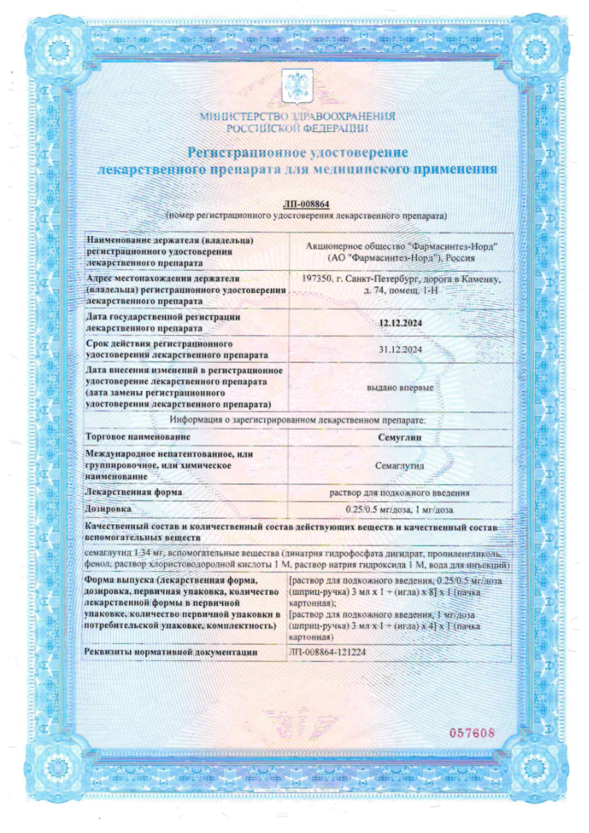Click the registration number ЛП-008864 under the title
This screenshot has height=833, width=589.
[306, 204]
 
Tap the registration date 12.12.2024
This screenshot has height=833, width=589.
[401, 322]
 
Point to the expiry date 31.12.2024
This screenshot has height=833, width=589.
[401, 349]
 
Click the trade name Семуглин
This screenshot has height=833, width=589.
[401, 437]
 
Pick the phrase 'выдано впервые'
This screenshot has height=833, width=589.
[401, 387]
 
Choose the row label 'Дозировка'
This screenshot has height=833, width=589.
[108, 510]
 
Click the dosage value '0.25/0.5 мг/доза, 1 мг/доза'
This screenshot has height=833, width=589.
[401, 510]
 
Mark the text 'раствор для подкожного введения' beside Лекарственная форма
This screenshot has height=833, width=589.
[401, 492]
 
